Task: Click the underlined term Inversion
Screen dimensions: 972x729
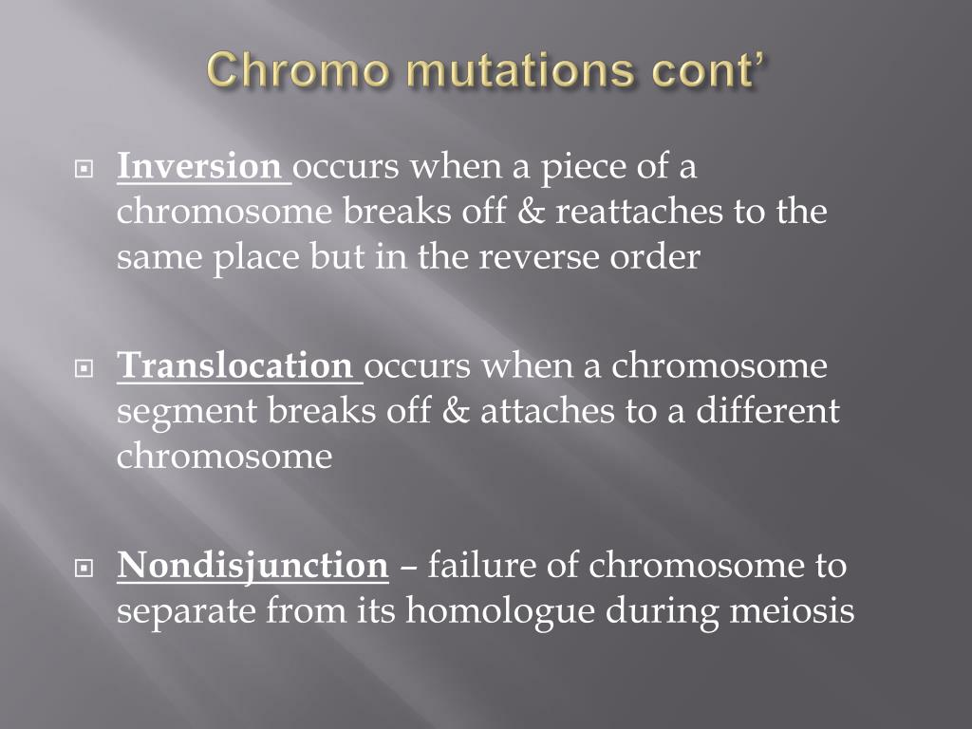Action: coord(199,166)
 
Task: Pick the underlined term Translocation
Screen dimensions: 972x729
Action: coord(235,365)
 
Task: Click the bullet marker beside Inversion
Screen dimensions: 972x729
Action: coord(84,169)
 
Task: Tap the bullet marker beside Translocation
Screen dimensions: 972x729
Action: coord(84,368)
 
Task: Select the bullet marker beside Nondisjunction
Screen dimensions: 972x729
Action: coord(84,568)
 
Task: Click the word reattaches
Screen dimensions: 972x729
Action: coord(639,212)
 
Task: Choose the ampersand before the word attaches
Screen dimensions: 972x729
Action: coord(456,411)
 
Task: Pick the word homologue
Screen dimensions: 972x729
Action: coord(500,612)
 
